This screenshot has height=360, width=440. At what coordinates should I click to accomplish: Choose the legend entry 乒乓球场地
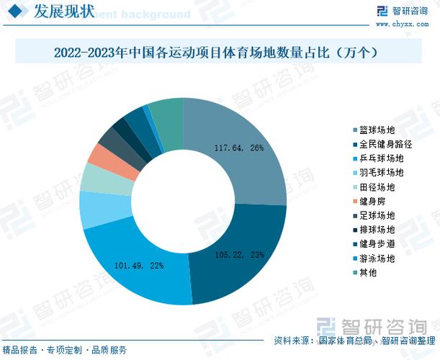pos(382,158)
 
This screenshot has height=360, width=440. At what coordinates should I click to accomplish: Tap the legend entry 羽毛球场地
pos(382,173)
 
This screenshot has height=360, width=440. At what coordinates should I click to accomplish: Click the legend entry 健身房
pos(373,202)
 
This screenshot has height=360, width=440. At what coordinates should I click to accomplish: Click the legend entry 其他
pos(369,273)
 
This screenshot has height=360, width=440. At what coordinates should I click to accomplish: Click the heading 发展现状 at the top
pos(63,12)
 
